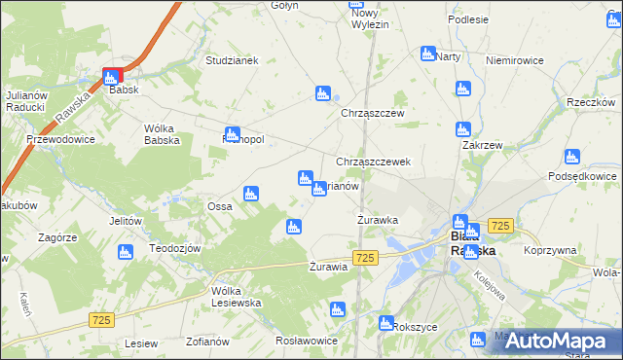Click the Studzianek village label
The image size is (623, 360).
[231, 60]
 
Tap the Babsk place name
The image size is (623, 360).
[126, 90]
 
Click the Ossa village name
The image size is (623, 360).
[218, 206]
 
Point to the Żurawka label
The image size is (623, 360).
[378, 220]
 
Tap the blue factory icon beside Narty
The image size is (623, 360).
[427, 54]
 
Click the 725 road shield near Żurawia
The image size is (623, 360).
[365, 257]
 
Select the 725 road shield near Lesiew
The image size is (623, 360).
[101, 319]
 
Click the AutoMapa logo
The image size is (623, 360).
[558, 341]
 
